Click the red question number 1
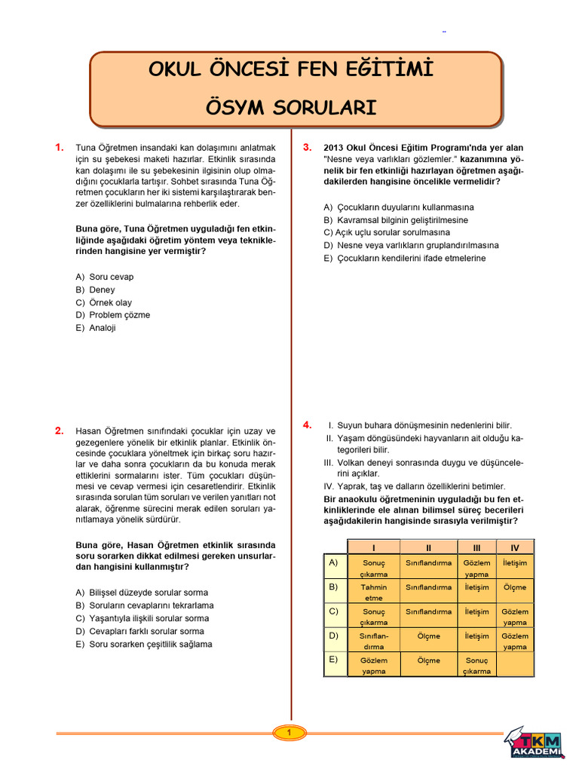coord(59,148)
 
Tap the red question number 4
coord(307,425)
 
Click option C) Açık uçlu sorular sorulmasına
coord(386,232)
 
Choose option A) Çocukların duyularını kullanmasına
coord(399,207)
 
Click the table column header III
coord(476,547)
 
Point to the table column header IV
coord(515,547)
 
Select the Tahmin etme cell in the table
coord(374,592)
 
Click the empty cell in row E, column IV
coord(515,665)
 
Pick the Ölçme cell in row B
coord(515,587)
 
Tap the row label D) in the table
coord(333,635)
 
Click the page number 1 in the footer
coord(289,732)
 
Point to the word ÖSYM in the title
coord(240,108)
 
